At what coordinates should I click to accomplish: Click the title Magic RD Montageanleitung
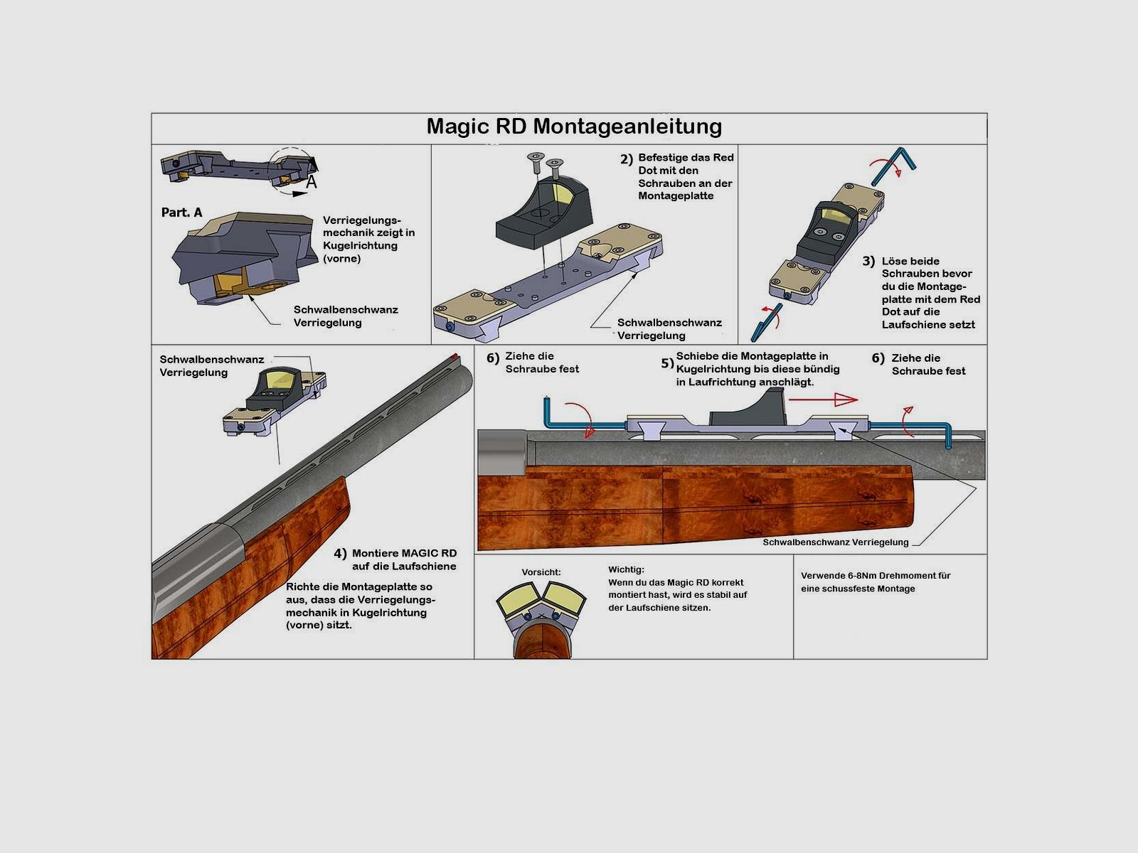(x=574, y=127)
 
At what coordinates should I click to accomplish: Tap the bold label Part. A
(x=181, y=213)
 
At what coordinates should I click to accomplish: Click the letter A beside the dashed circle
(x=311, y=182)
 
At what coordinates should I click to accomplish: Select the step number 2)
(x=627, y=159)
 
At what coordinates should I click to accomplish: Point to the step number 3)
(x=869, y=261)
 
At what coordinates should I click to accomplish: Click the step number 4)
(x=340, y=554)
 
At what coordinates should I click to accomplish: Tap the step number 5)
(x=667, y=363)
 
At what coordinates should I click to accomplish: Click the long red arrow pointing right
(x=823, y=399)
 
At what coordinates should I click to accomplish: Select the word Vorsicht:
(x=541, y=572)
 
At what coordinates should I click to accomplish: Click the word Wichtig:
(x=627, y=569)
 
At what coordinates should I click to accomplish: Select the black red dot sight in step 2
(x=543, y=214)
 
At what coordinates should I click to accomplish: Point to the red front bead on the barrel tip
(x=454, y=356)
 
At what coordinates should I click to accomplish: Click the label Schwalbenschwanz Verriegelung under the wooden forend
(x=835, y=542)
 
